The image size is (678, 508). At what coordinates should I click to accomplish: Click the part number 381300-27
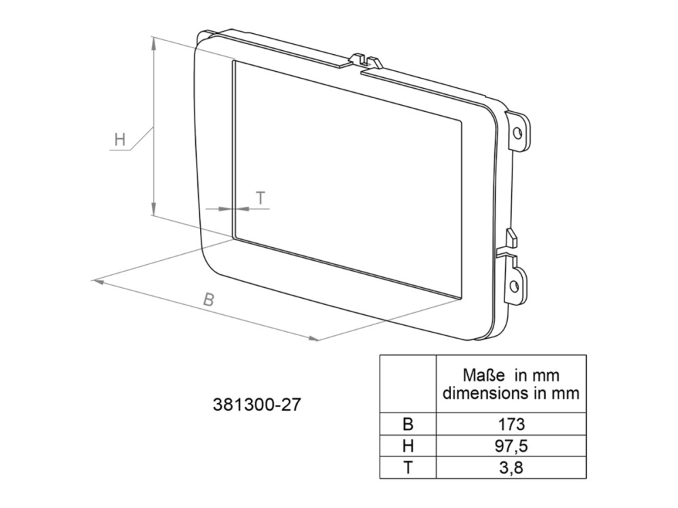click(x=256, y=405)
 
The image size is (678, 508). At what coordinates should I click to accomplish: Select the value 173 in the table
click(x=511, y=424)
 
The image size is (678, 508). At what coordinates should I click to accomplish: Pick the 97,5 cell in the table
click(x=511, y=446)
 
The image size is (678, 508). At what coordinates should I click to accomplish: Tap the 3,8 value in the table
click(x=511, y=467)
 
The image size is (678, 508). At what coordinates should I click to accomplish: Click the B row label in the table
click(x=407, y=424)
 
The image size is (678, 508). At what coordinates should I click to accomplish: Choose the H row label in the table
click(x=407, y=446)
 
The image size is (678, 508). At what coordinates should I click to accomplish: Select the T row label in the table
click(x=407, y=467)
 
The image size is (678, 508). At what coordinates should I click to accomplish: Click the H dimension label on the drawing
click(x=120, y=140)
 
